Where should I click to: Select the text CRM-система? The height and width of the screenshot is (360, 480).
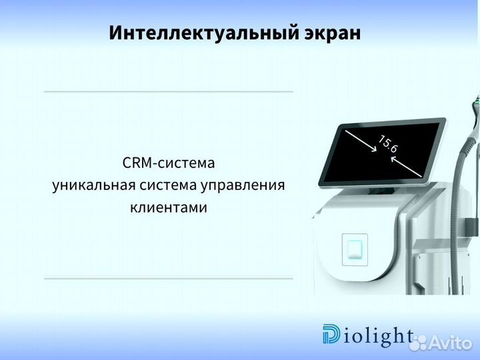[x=169, y=163]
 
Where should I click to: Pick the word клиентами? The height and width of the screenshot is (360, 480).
[x=169, y=208]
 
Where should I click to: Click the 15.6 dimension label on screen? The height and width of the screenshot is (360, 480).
[x=388, y=143]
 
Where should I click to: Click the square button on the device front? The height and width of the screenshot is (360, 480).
[x=353, y=248]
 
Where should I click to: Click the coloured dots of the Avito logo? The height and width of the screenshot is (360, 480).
[x=419, y=343]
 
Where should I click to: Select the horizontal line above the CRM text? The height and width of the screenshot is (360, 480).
[x=168, y=91]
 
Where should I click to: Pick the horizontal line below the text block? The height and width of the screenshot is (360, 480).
[x=168, y=278]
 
